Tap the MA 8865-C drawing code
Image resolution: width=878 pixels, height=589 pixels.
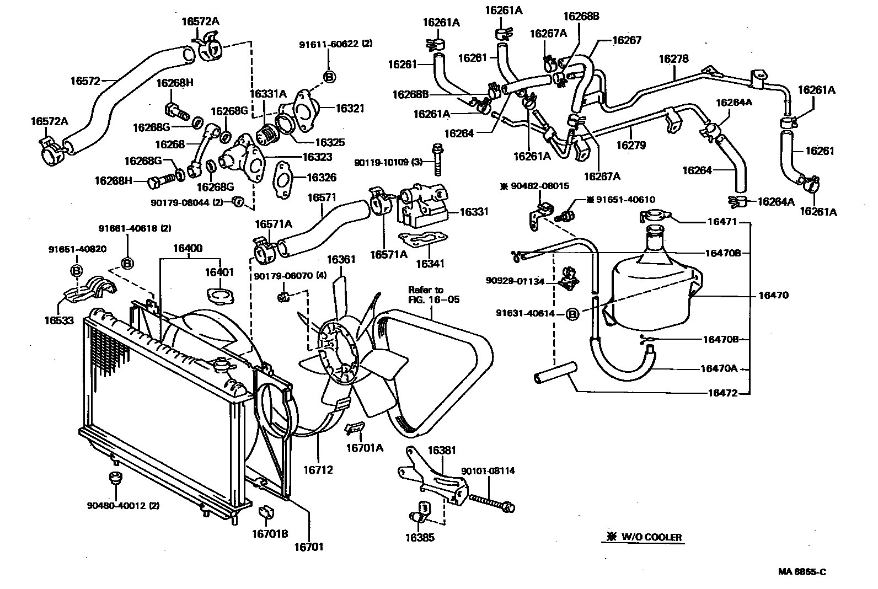[x=801, y=571]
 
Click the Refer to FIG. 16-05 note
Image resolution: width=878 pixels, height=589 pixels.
[x=433, y=294]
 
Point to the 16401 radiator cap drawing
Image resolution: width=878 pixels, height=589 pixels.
[x=221, y=296]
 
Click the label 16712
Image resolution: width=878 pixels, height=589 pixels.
[x=318, y=470]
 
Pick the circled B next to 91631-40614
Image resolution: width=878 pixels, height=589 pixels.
[x=572, y=314]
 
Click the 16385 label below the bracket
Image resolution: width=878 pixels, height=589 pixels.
[x=420, y=537]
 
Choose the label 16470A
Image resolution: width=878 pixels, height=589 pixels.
[x=719, y=368]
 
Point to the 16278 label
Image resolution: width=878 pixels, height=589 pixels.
[x=673, y=59]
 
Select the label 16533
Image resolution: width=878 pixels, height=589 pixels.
[x=59, y=320]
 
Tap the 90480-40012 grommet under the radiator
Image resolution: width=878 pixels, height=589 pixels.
[x=115, y=478]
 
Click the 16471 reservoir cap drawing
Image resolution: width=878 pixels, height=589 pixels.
[x=655, y=217]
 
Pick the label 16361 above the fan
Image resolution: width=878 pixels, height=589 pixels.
[x=341, y=259]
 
